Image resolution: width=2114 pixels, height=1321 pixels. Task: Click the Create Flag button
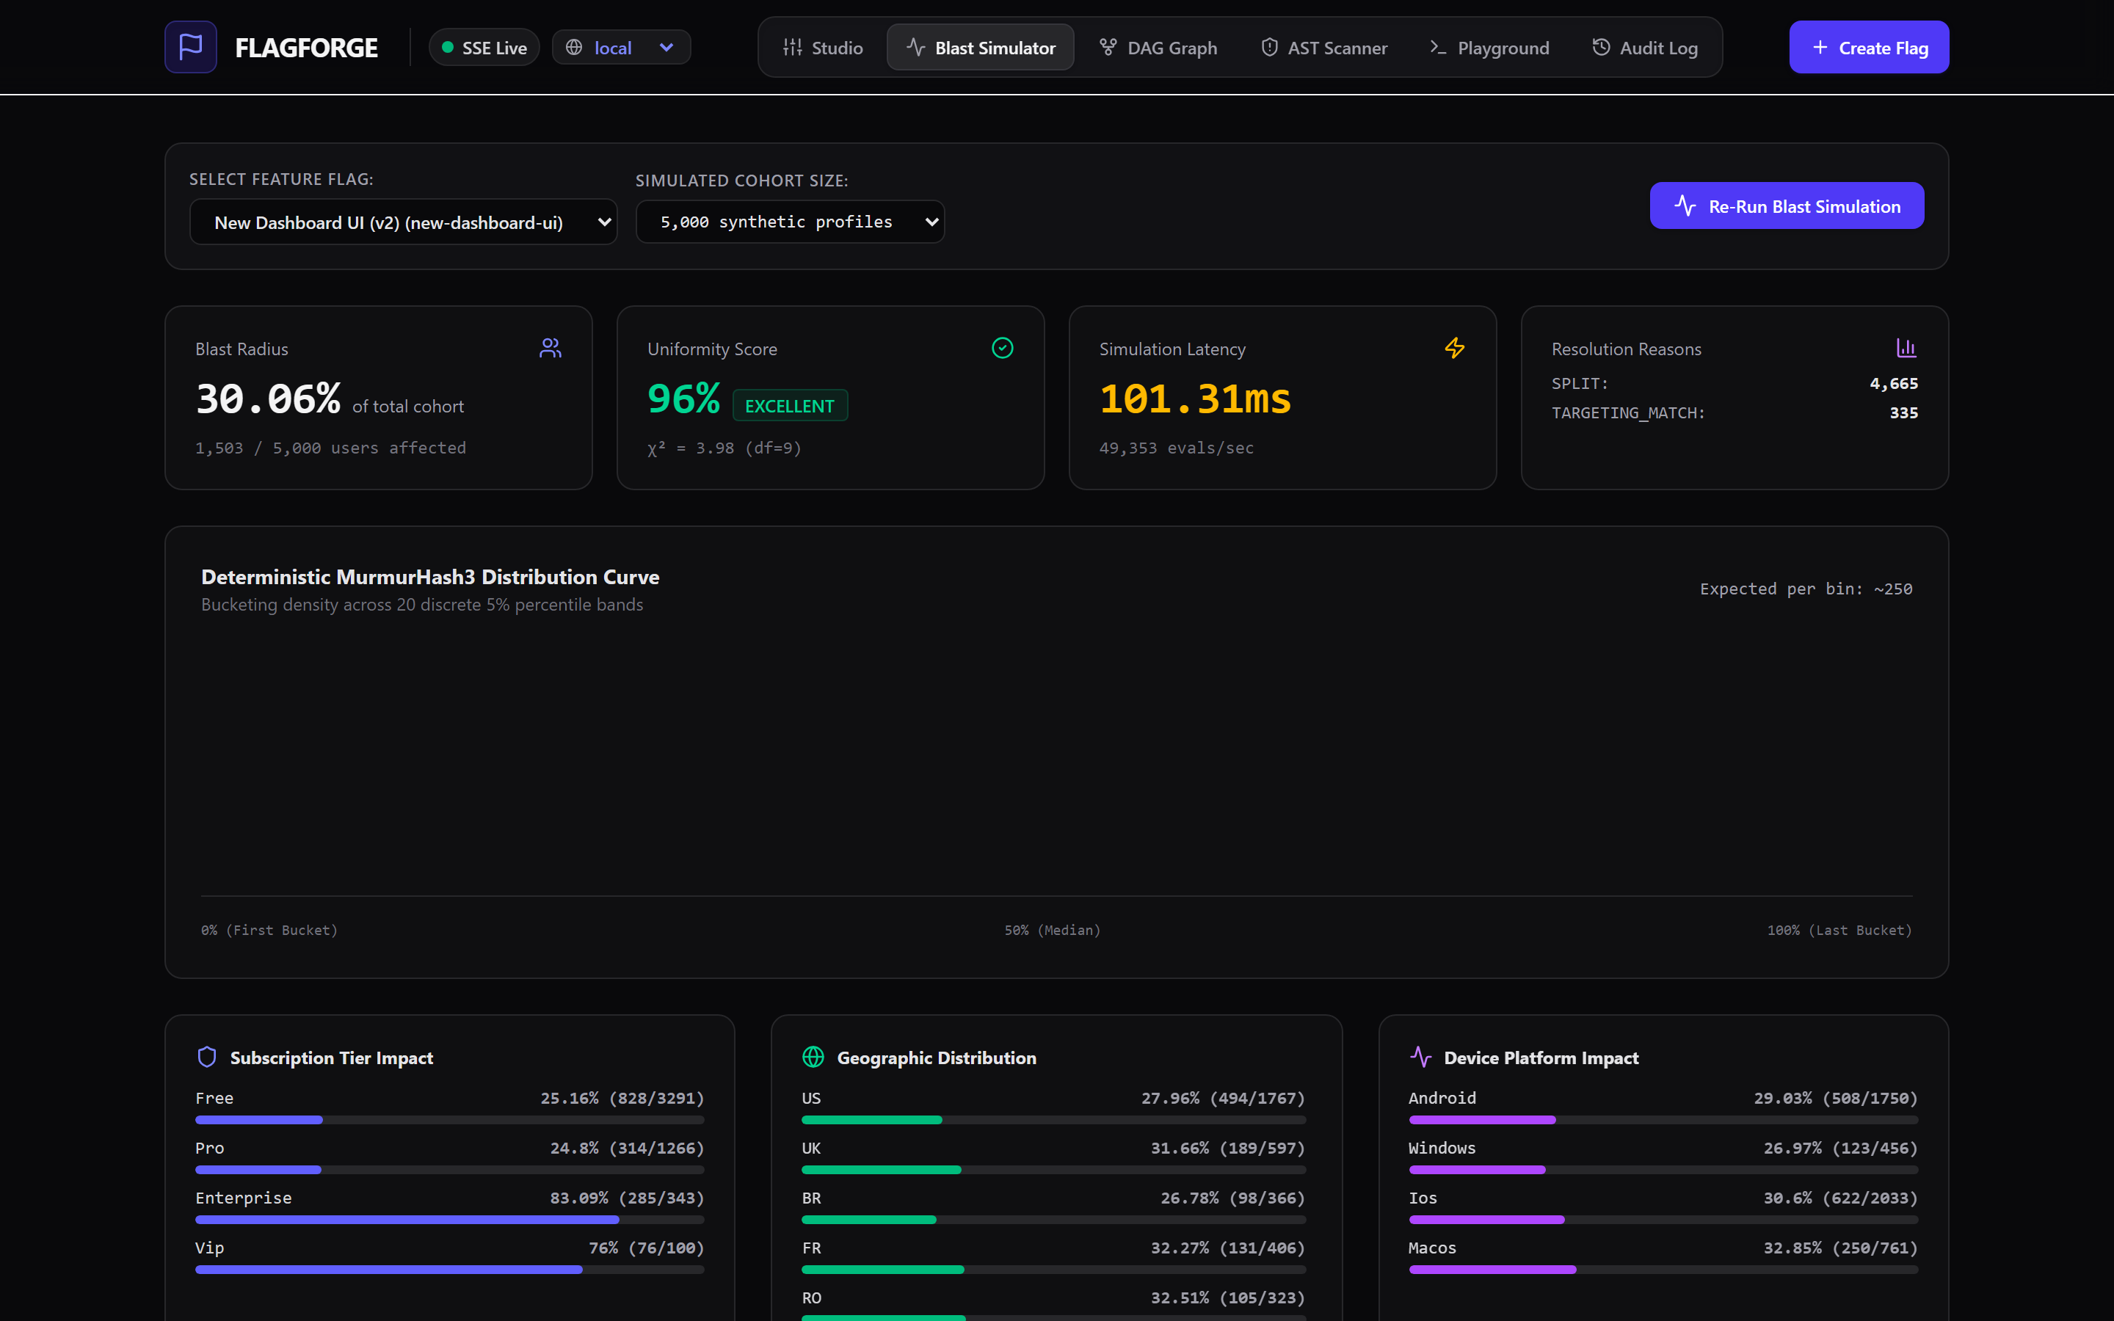click(1869, 47)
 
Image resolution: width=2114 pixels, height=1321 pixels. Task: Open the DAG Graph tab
click(1158, 47)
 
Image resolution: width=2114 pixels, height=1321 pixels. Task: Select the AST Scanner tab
click(1323, 47)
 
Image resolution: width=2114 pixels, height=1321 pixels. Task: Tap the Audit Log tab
click(1645, 47)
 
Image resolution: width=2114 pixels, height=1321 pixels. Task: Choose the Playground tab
click(1489, 47)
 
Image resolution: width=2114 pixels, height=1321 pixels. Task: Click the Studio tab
click(823, 47)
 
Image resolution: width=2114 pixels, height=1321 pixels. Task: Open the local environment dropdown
click(621, 47)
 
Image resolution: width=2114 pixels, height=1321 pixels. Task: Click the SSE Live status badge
click(484, 47)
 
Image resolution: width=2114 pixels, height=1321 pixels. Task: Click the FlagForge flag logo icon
click(190, 47)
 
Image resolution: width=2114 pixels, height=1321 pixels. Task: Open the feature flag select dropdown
click(404, 222)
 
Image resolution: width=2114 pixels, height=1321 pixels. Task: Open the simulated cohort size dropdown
click(790, 222)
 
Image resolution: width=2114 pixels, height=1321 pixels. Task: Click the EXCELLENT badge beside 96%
click(790, 405)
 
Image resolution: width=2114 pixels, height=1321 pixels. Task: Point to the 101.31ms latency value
click(1195, 399)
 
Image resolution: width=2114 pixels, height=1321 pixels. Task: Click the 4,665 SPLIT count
click(1894, 384)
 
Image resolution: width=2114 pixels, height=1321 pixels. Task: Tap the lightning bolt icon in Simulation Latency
click(1454, 348)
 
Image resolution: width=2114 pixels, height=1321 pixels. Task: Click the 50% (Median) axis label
click(1053, 931)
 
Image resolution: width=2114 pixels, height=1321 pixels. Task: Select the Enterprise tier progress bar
click(450, 1220)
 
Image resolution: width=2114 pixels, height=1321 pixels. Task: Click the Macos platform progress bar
click(1663, 1270)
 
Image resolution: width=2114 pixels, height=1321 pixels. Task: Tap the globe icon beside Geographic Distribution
click(813, 1057)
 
